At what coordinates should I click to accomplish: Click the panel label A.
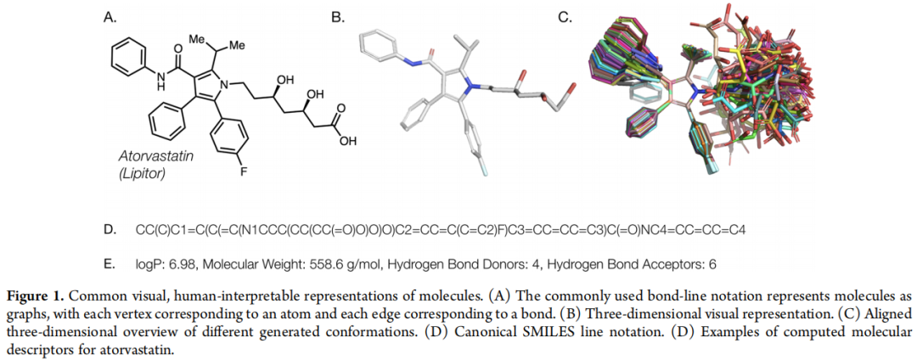tap(110, 15)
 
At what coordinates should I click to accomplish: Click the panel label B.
tap(338, 15)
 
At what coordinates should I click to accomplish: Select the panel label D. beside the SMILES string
tap(110, 230)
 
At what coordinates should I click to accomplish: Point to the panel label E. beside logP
tap(110, 264)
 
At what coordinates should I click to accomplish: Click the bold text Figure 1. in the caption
tap(35, 296)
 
